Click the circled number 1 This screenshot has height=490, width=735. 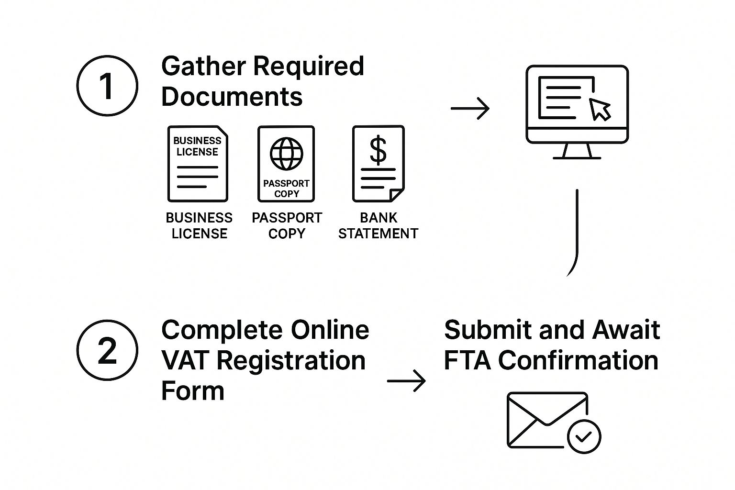(x=107, y=86)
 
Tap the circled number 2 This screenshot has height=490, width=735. (x=107, y=350)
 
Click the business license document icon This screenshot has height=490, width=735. (x=197, y=164)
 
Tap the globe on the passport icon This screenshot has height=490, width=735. (x=287, y=154)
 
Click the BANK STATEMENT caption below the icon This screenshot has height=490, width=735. (x=378, y=225)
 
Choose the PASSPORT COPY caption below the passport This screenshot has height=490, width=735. (x=287, y=225)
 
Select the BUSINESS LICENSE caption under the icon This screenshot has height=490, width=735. (x=199, y=225)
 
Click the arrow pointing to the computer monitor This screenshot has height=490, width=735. (x=470, y=109)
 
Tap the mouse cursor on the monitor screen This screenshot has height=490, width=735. (x=600, y=109)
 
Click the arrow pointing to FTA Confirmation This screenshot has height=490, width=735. (x=406, y=381)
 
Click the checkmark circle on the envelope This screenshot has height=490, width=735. (x=584, y=436)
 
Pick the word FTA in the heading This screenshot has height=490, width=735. (x=467, y=360)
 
